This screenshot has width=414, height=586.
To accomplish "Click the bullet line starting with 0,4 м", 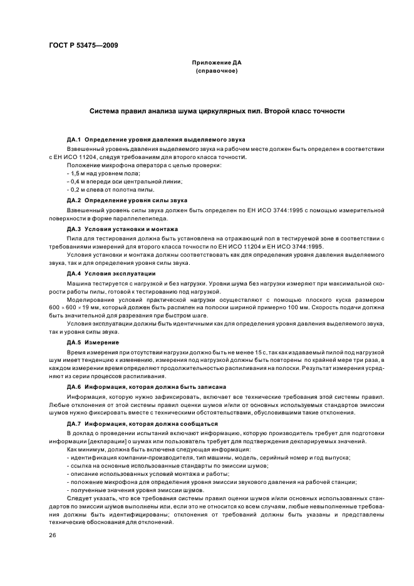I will tap(124, 182).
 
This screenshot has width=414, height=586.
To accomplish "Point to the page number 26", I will tap(52, 535).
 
